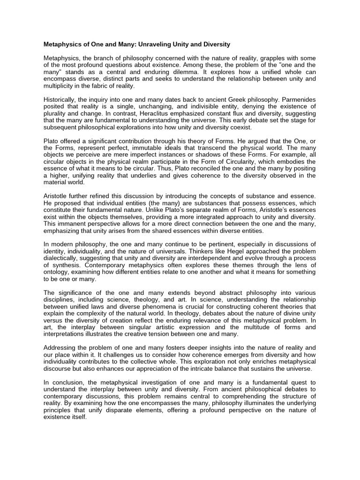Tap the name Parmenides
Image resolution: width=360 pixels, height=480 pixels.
(296, 100)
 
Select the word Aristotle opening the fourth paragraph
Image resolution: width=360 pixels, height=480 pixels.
(58, 195)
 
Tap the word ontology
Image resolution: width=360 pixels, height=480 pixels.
(56, 272)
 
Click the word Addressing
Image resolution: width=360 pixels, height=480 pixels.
(61, 347)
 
